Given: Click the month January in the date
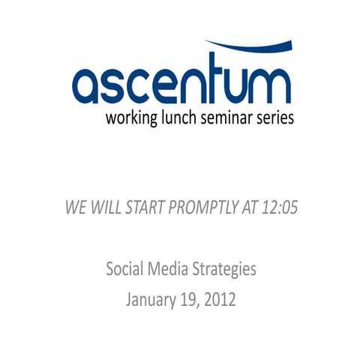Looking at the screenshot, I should pyautogui.click(x=150, y=301).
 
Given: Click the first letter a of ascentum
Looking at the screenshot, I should pyautogui.click(x=88, y=85).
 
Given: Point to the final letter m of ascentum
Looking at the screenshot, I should pyautogui.click(x=267, y=85).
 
